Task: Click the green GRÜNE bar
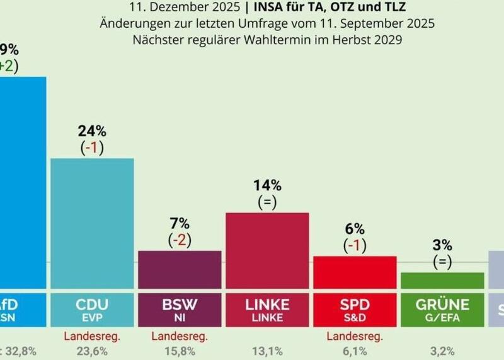(x=442, y=281)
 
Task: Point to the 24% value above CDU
(x=92, y=131)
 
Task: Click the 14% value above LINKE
(x=267, y=185)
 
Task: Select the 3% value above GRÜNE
(x=442, y=245)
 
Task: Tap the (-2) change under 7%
(x=180, y=240)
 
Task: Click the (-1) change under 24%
(x=92, y=148)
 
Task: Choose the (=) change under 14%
(x=267, y=202)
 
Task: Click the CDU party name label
(x=92, y=305)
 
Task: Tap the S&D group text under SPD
(x=355, y=316)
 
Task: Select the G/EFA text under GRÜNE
(x=442, y=316)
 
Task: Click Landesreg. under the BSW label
(x=180, y=336)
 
